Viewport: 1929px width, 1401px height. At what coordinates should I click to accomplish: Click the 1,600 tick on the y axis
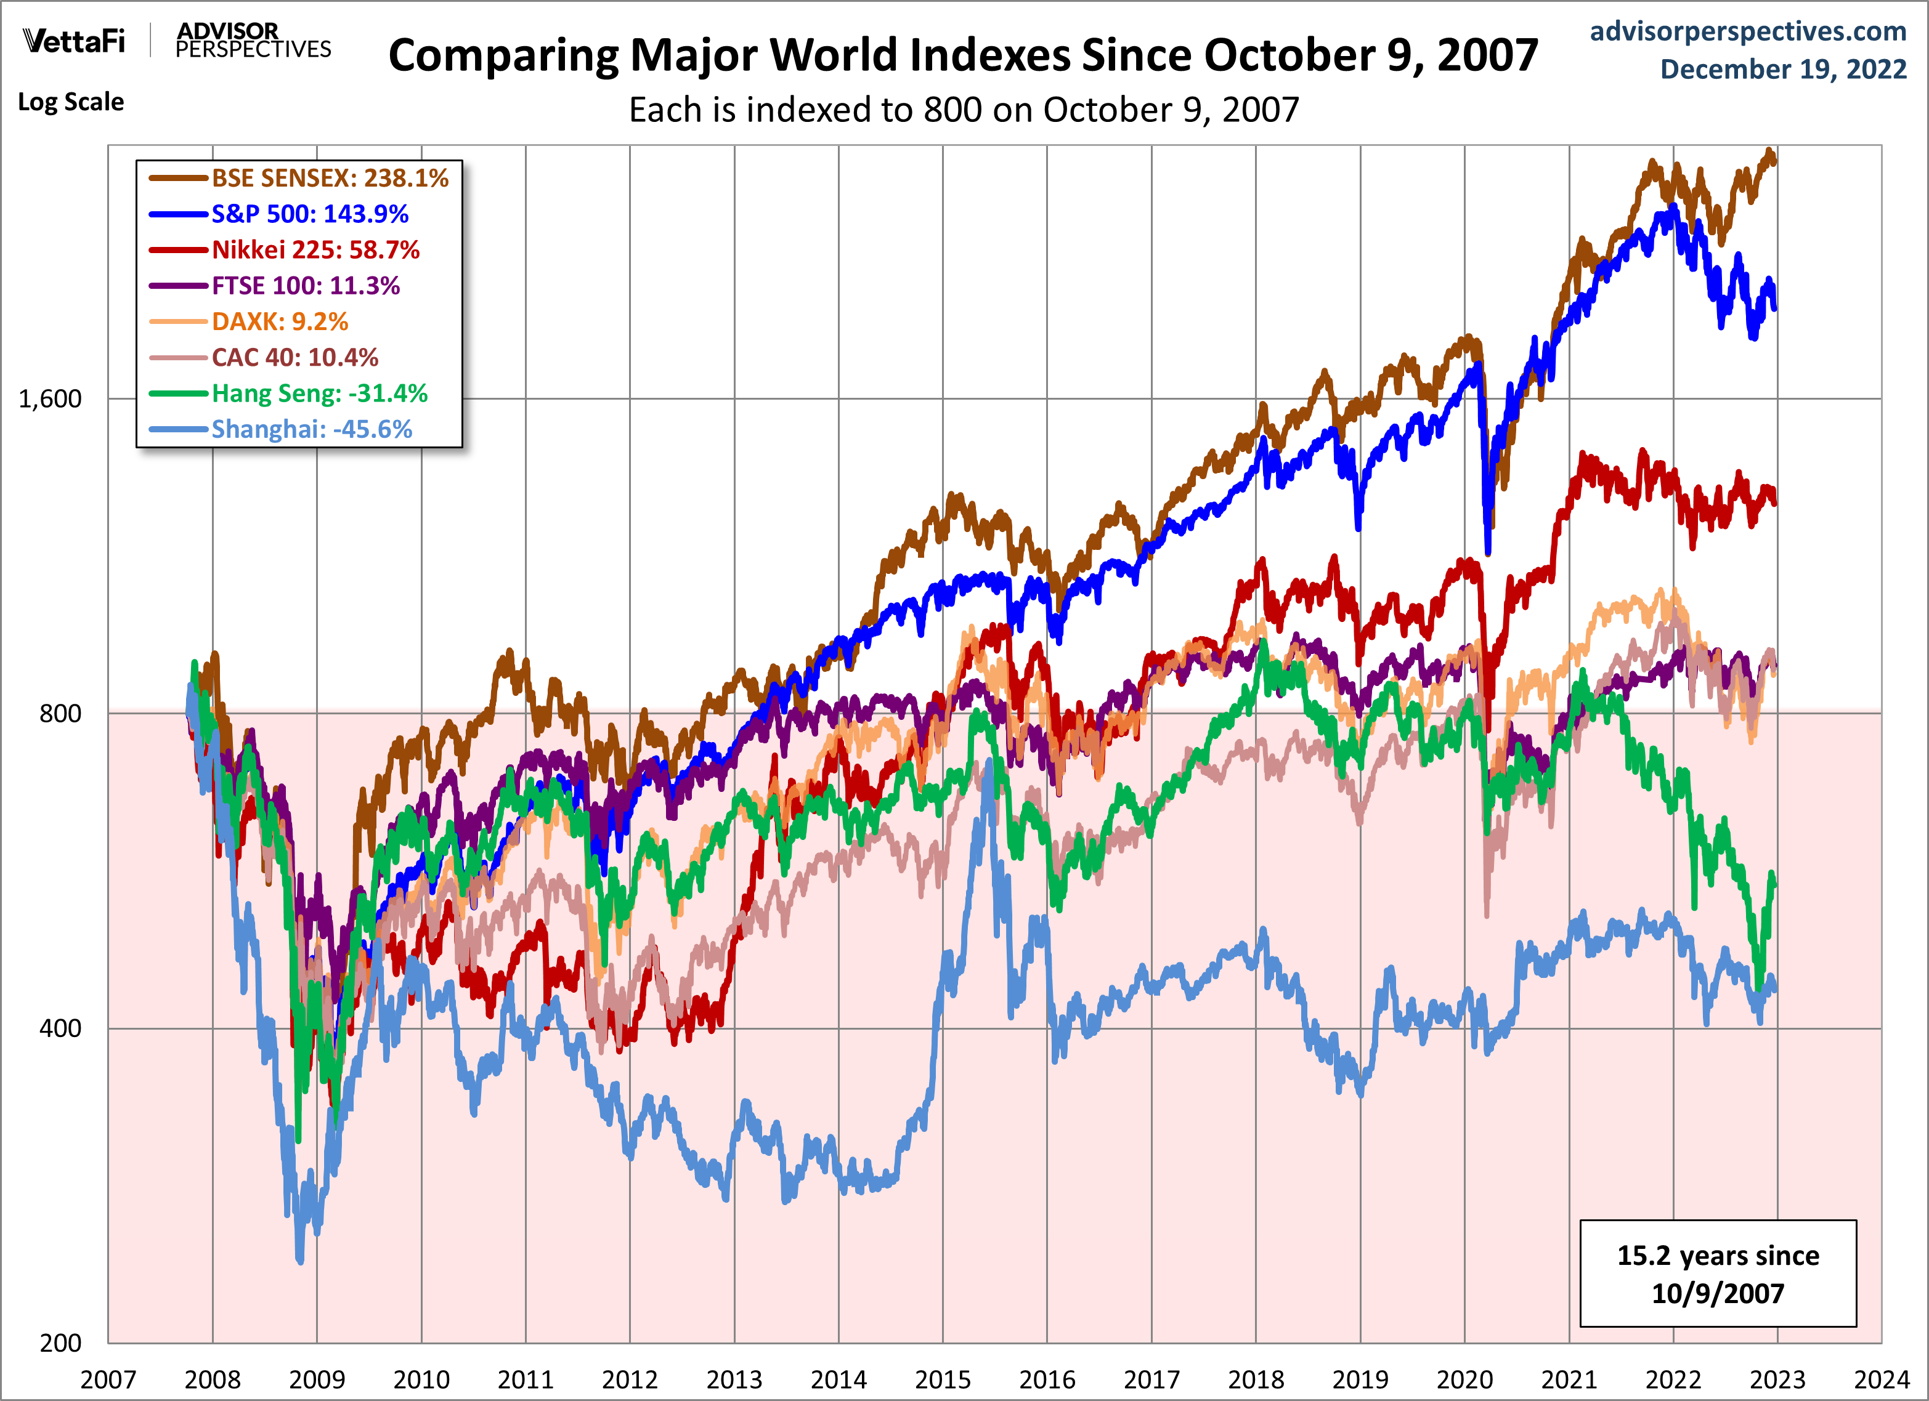(x=50, y=398)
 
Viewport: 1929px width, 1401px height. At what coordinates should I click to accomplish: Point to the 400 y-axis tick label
(x=60, y=1028)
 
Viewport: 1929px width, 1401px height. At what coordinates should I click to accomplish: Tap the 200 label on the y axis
(x=60, y=1343)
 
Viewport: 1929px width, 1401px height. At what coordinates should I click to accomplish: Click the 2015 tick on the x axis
(x=943, y=1379)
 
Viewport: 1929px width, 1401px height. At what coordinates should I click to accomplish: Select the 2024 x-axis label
(x=1882, y=1379)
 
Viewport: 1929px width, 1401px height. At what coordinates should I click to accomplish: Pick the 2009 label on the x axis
(x=317, y=1379)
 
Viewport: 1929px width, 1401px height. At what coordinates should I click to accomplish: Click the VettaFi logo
(x=74, y=40)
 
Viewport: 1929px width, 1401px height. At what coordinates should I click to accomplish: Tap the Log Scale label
(x=71, y=102)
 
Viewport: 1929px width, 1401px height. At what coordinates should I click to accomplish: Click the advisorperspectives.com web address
(x=1748, y=31)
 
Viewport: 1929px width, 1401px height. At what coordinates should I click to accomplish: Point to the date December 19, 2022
(x=1783, y=69)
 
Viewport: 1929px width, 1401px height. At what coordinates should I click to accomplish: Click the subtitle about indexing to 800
(x=964, y=110)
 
